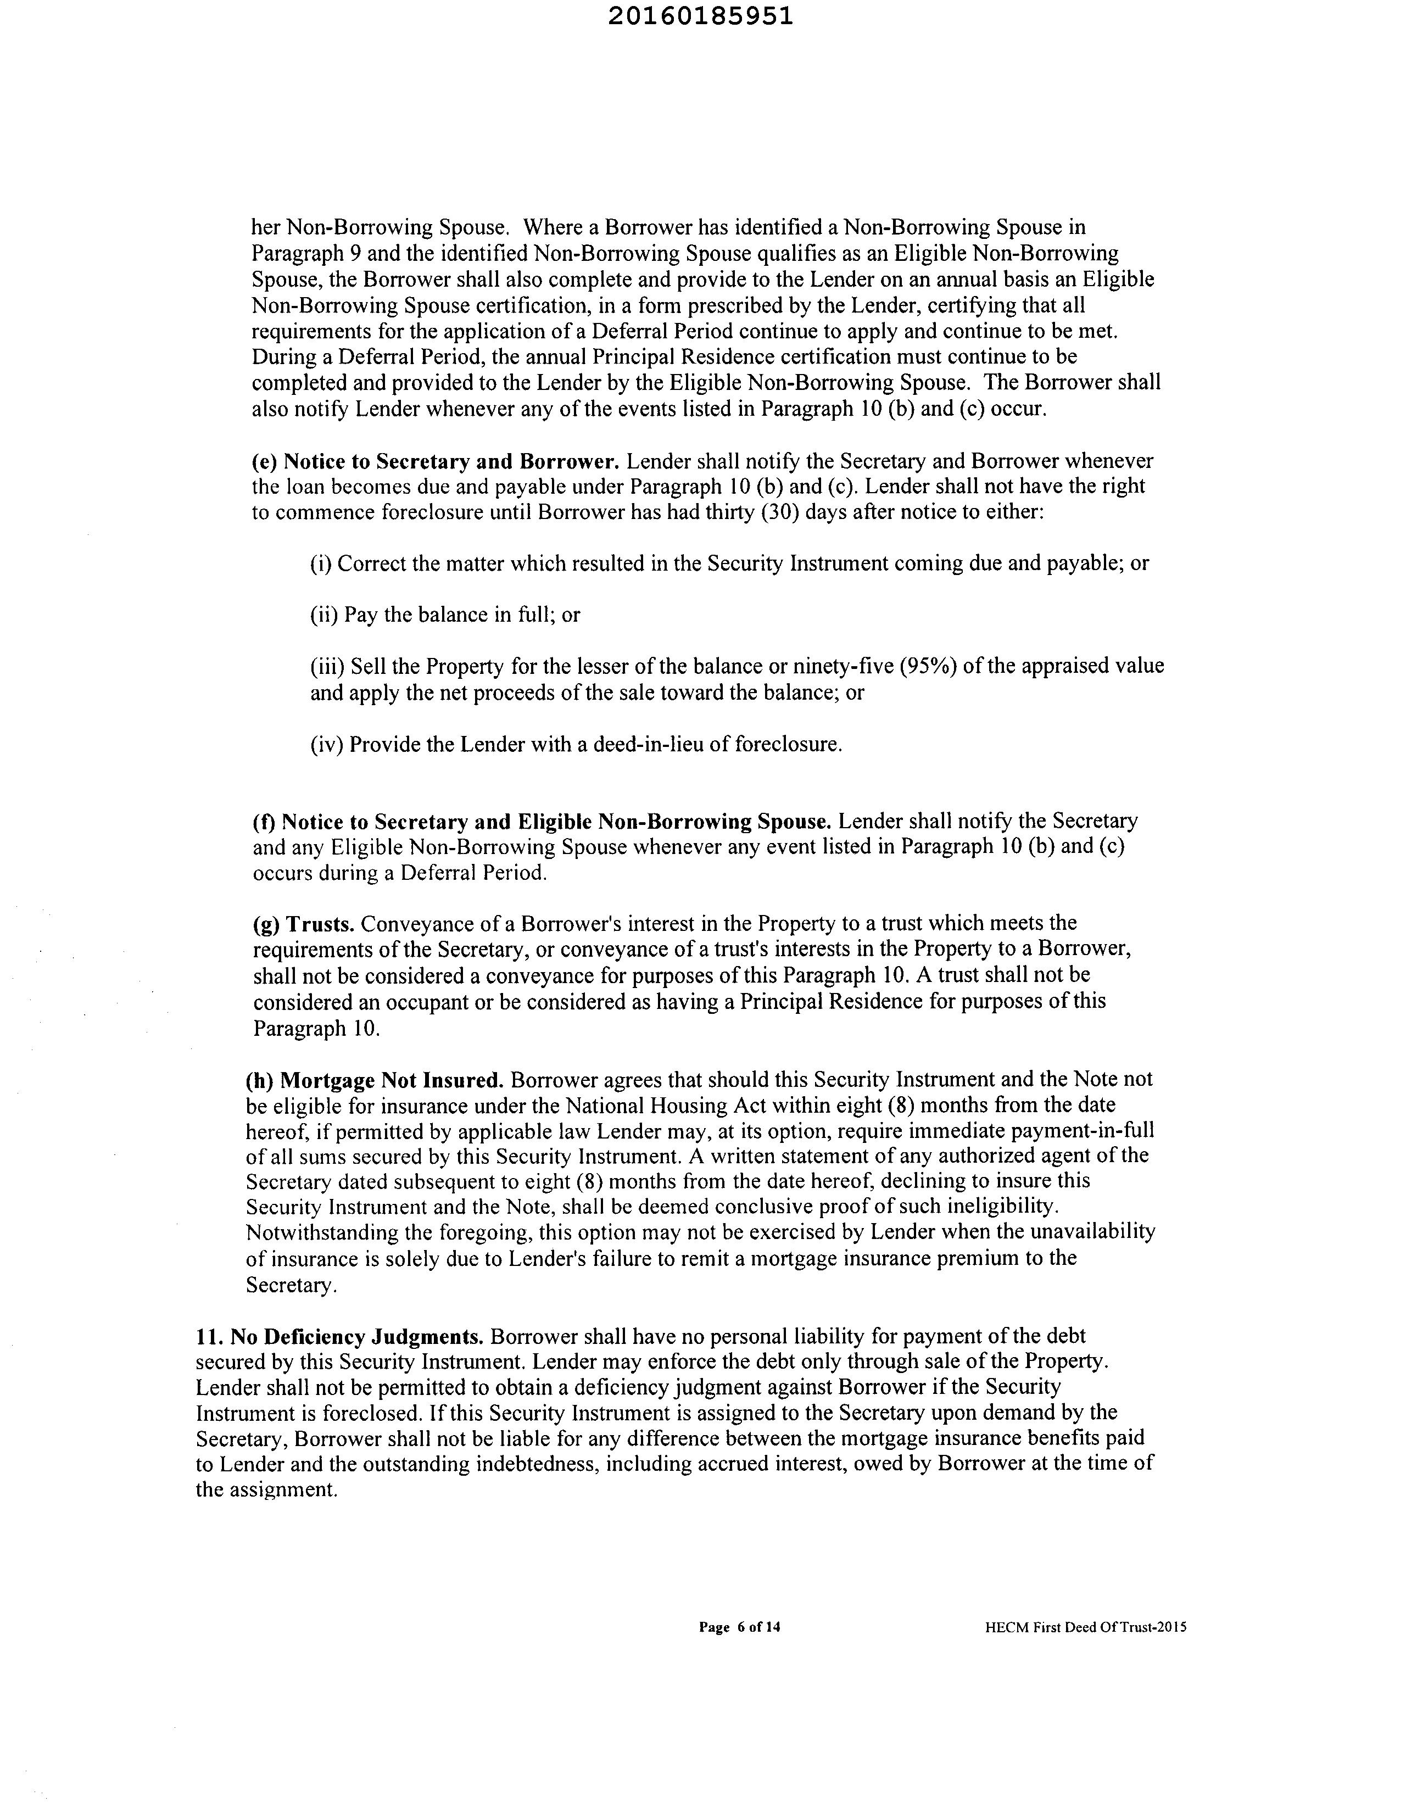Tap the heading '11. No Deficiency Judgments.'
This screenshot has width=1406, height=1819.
(340, 1337)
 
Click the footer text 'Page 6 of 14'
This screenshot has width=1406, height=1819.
(740, 1627)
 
